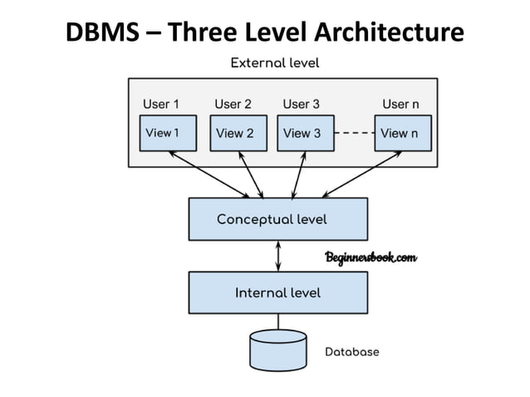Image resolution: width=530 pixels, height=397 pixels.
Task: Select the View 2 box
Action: pos(238,134)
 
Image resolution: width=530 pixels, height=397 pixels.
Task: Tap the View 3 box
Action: pos(305,134)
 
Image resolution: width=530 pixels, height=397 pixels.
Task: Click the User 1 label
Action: pos(160,104)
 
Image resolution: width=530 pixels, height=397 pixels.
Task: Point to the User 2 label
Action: pos(233,104)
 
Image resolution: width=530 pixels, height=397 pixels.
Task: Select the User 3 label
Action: pos(301,104)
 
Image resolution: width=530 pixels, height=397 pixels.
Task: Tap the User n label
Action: pos(400,104)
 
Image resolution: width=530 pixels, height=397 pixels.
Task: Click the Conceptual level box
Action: pos(277,219)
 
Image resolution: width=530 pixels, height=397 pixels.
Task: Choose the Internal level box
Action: pos(277,292)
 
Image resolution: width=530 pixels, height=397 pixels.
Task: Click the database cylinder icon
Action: pos(277,350)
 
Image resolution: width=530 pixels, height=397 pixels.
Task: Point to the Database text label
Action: pos(351,352)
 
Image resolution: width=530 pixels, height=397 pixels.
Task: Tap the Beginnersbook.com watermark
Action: pos(371,258)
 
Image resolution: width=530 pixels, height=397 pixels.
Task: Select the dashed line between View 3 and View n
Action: pos(356,133)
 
